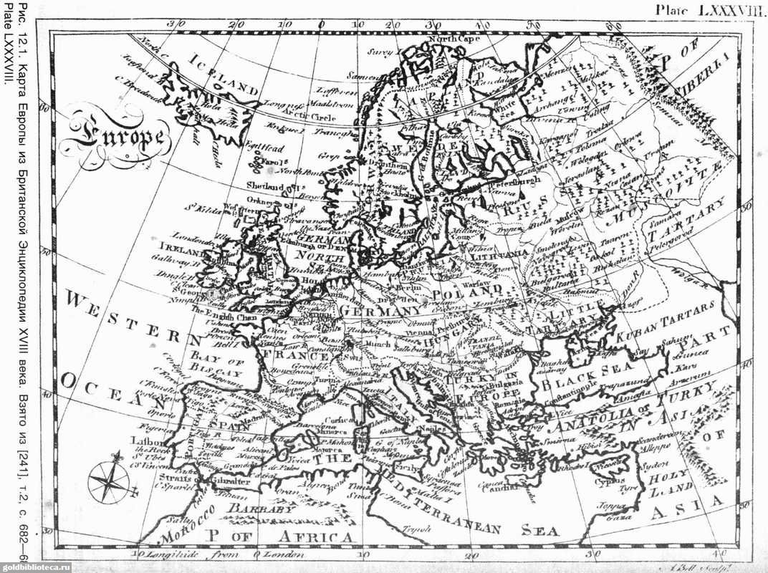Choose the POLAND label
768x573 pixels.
click(466, 292)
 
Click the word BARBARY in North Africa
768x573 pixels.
click(250, 510)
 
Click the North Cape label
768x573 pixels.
click(454, 39)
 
